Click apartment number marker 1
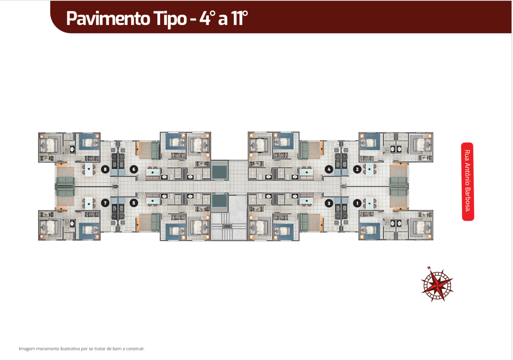click(357, 203)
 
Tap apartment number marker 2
click(357, 169)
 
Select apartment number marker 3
click(329, 203)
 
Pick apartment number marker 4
click(329, 169)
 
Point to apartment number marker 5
click(134, 203)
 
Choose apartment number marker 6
click(134, 169)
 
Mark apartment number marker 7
click(105, 203)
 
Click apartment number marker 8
click(105, 169)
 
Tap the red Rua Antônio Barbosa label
click(468, 181)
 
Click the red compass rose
click(437, 285)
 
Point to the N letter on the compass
click(429, 268)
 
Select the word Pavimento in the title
click(108, 18)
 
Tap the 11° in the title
click(239, 18)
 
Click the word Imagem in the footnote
click(27, 349)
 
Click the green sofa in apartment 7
click(65, 192)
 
